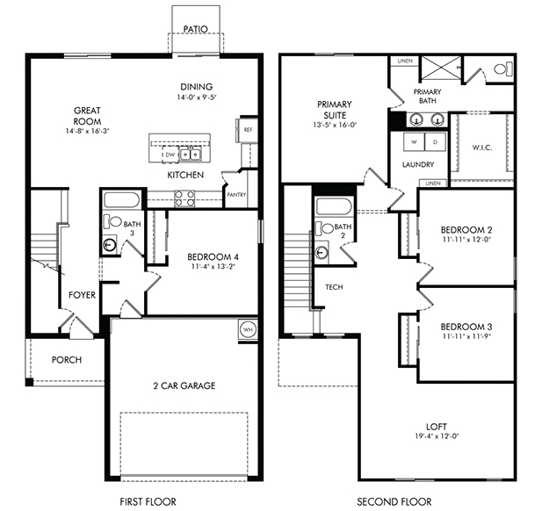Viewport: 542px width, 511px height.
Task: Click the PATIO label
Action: [x=196, y=29]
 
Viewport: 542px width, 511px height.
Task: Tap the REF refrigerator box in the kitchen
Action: [x=248, y=129]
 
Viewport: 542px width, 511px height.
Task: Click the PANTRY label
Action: [x=235, y=196]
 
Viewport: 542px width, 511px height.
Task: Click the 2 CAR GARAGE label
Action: [x=183, y=385]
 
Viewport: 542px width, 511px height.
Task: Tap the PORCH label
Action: [x=67, y=359]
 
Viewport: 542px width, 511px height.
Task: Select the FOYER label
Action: [x=83, y=295]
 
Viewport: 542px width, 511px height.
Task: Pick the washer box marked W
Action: [x=414, y=141]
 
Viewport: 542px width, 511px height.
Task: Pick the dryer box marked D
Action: [x=434, y=141]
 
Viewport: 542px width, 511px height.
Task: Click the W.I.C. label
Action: [x=481, y=147]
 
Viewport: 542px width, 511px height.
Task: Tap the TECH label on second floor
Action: [x=334, y=287]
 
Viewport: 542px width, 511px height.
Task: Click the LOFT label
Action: [x=436, y=425]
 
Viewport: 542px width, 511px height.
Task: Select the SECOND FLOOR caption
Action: [x=394, y=501]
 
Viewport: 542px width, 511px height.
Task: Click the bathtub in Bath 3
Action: [x=121, y=198]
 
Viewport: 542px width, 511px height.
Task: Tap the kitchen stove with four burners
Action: [x=184, y=198]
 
